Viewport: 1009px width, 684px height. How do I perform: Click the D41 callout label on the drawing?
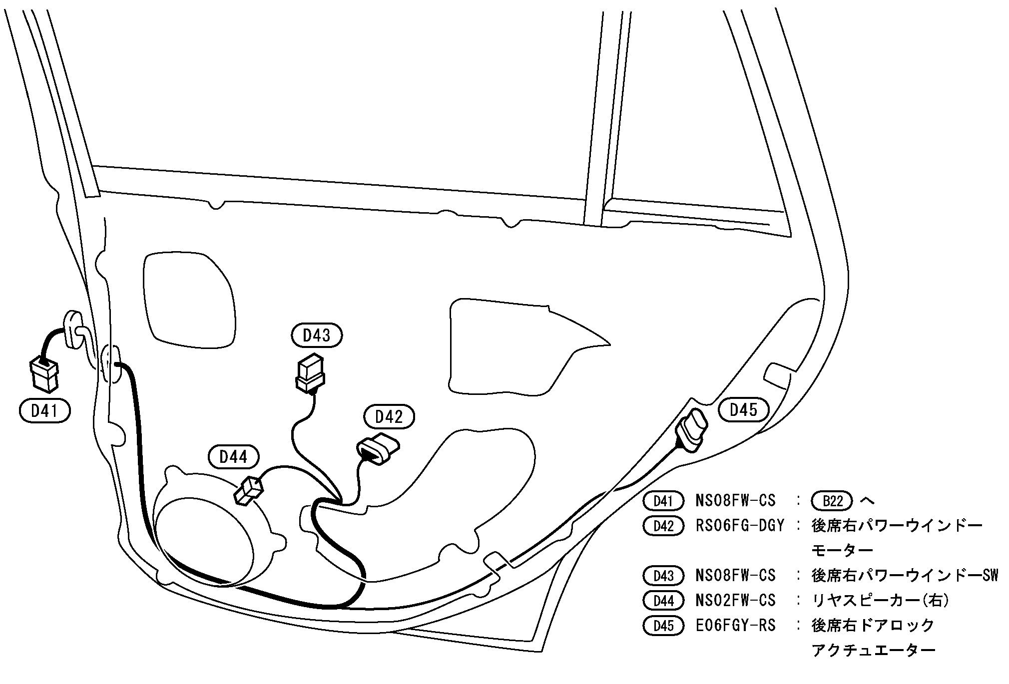pyautogui.click(x=44, y=411)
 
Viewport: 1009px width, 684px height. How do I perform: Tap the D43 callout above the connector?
pyautogui.click(x=317, y=336)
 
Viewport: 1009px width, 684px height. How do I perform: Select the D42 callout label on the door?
pyautogui.click(x=389, y=417)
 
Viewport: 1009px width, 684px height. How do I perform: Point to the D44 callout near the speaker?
pyautogui.click(x=233, y=456)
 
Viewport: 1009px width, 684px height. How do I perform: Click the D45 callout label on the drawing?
pyautogui.click(x=743, y=410)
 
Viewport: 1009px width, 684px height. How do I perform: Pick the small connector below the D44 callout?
pyautogui.click(x=248, y=490)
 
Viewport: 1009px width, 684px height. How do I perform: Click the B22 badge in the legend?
pyautogui.click(x=832, y=501)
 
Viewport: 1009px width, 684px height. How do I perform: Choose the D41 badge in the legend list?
pyautogui.click(x=663, y=501)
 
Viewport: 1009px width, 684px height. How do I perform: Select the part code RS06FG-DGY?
pyautogui.click(x=740, y=526)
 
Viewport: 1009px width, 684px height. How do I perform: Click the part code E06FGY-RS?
pyautogui.click(x=735, y=626)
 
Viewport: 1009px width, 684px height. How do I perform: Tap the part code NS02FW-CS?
pyautogui.click(x=735, y=601)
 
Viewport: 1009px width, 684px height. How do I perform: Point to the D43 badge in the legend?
pyautogui.click(x=663, y=576)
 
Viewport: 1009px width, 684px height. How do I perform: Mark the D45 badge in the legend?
pyautogui.click(x=663, y=626)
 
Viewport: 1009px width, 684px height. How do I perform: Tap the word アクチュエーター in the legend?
pyautogui.click(x=873, y=651)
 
